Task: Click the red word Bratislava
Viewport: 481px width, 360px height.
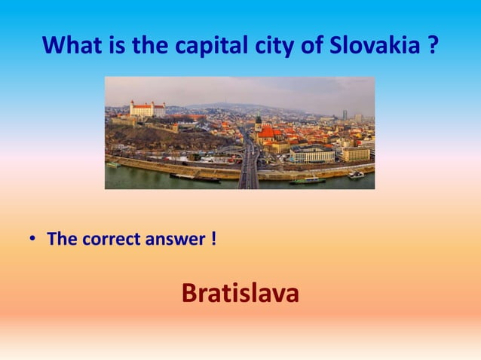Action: point(240,293)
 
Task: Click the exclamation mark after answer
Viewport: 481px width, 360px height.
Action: point(214,239)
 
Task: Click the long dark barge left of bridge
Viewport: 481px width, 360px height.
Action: point(193,178)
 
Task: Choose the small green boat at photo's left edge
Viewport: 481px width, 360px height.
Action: point(113,163)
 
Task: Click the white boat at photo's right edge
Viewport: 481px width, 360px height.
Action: point(357,175)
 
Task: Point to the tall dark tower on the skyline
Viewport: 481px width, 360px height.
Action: point(345,114)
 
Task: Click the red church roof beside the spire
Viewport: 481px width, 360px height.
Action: point(268,133)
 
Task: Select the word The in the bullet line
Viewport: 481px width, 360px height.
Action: point(61,239)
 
